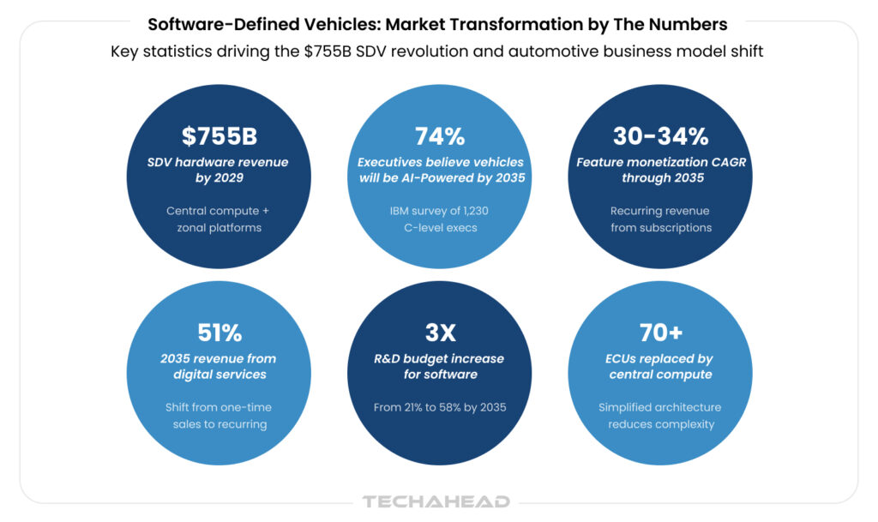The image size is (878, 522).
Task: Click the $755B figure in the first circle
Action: coord(219,136)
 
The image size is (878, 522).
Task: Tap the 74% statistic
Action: coord(440,136)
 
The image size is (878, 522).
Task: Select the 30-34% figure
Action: coord(660,136)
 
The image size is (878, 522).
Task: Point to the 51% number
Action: coord(219,333)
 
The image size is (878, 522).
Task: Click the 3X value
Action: coord(440,333)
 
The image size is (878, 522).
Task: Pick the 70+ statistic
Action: coord(660,333)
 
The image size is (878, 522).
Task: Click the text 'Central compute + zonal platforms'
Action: coord(219,219)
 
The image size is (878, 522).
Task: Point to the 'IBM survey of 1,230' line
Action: coord(440,211)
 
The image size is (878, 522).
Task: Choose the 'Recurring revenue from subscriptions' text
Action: coord(660,219)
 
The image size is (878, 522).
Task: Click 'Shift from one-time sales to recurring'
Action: coord(219,416)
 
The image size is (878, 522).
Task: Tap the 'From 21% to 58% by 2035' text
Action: coord(440,407)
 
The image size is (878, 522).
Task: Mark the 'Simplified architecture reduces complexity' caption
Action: coord(660,416)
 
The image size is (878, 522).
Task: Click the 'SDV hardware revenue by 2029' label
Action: coord(219,170)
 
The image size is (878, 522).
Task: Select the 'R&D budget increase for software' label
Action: coord(440,366)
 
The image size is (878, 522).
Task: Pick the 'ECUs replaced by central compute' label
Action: coord(660,366)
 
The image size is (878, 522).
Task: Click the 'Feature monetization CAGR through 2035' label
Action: coord(660,170)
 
